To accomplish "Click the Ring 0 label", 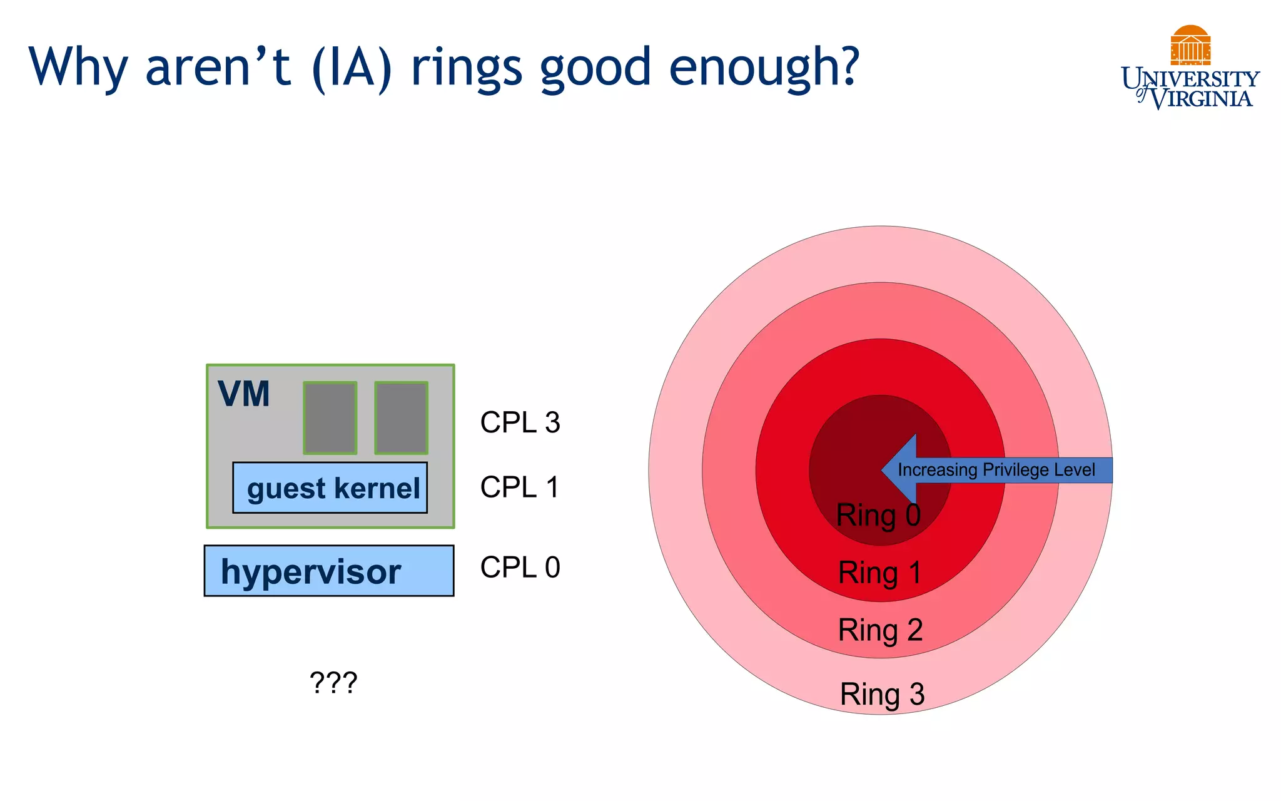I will point(878,516).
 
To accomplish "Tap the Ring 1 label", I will point(879,573).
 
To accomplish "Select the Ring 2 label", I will point(880,630).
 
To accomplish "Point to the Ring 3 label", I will point(882,694).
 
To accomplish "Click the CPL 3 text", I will point(520,422).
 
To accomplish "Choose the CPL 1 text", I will point(519,487).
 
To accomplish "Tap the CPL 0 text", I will point(520,567).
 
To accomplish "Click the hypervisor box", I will point(329,571).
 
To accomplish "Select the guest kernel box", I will point(330,488).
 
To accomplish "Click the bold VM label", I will point(244,394).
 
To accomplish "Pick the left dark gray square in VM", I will point(330,418).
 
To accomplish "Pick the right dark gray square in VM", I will point(402,418).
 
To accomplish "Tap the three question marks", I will point(333,682).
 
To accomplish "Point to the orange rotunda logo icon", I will point(1190,45).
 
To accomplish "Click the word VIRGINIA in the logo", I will point(1202,99).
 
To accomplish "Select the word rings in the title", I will point(466,68).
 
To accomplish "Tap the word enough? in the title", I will point(764,68).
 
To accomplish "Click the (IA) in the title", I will point(352,68).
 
